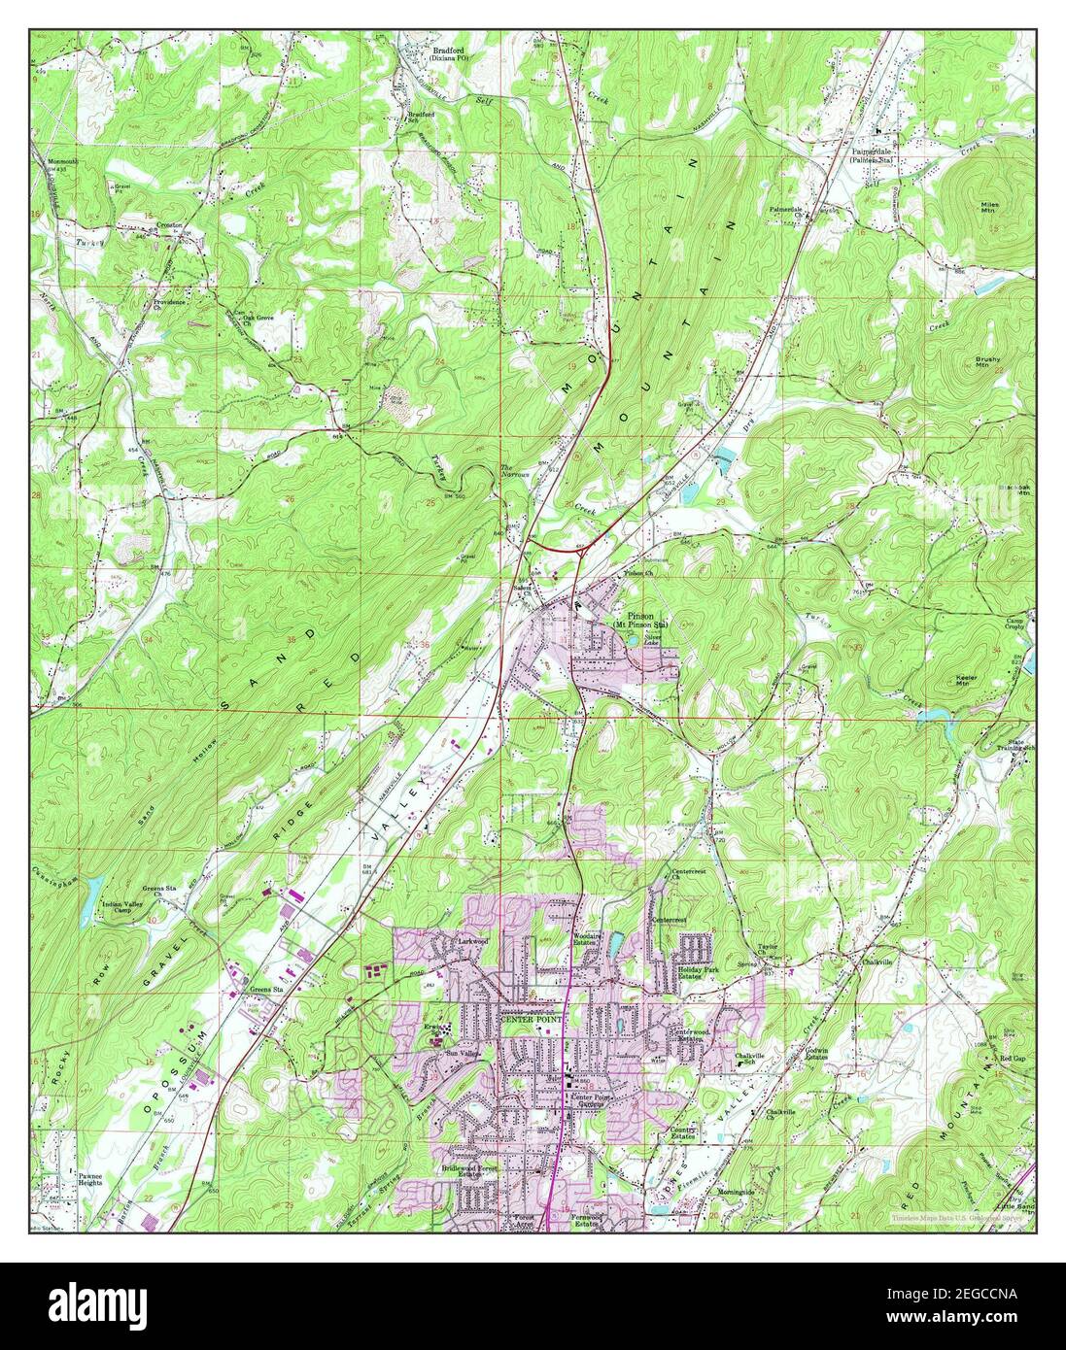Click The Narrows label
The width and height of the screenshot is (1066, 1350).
point(514,473)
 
